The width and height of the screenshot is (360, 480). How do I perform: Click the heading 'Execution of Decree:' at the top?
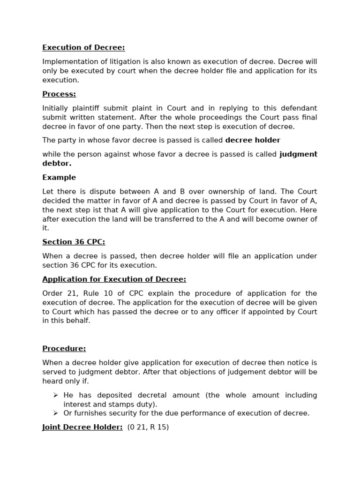click(83, 47)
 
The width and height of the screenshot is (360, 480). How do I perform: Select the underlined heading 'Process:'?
click(59, 94)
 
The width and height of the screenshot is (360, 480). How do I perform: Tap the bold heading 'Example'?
click(59, 177)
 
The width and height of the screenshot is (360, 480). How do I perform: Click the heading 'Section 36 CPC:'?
click(74, 242)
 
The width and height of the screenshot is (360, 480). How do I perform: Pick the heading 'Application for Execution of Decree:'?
click(114, 279)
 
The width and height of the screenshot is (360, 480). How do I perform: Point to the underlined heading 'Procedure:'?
click(64, 349)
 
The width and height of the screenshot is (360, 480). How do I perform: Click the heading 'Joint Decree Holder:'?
click(82, 427)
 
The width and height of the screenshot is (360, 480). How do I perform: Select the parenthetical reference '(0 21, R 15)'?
click(148, 427)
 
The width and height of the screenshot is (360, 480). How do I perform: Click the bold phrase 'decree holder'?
click(253, 140)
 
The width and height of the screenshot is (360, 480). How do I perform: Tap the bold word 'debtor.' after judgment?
click(57, 164)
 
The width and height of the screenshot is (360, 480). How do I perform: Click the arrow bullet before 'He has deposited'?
click(56, 395)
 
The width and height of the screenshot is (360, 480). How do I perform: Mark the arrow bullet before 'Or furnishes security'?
click(56, 413)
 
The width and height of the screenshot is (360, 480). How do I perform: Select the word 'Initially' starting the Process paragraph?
click(55, 108)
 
